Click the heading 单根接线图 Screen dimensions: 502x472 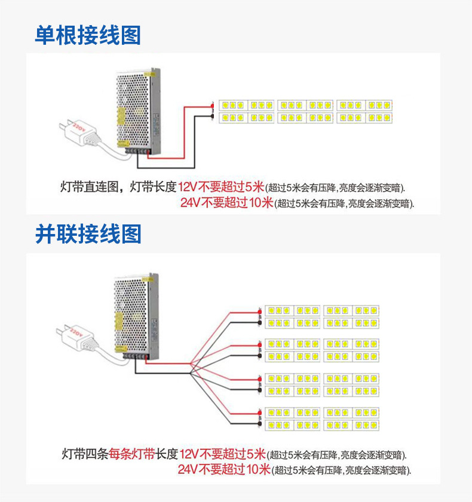click(88, 35)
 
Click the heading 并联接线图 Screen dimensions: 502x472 click(88, 234)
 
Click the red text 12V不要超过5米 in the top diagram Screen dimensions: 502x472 click(221, 186)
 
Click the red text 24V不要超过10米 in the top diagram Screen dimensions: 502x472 click(226, 202)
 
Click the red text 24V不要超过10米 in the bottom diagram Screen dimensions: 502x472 click(224, 469)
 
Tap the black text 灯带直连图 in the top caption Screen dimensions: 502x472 click(88, 187)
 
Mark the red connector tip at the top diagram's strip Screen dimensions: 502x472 click(213, 106)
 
